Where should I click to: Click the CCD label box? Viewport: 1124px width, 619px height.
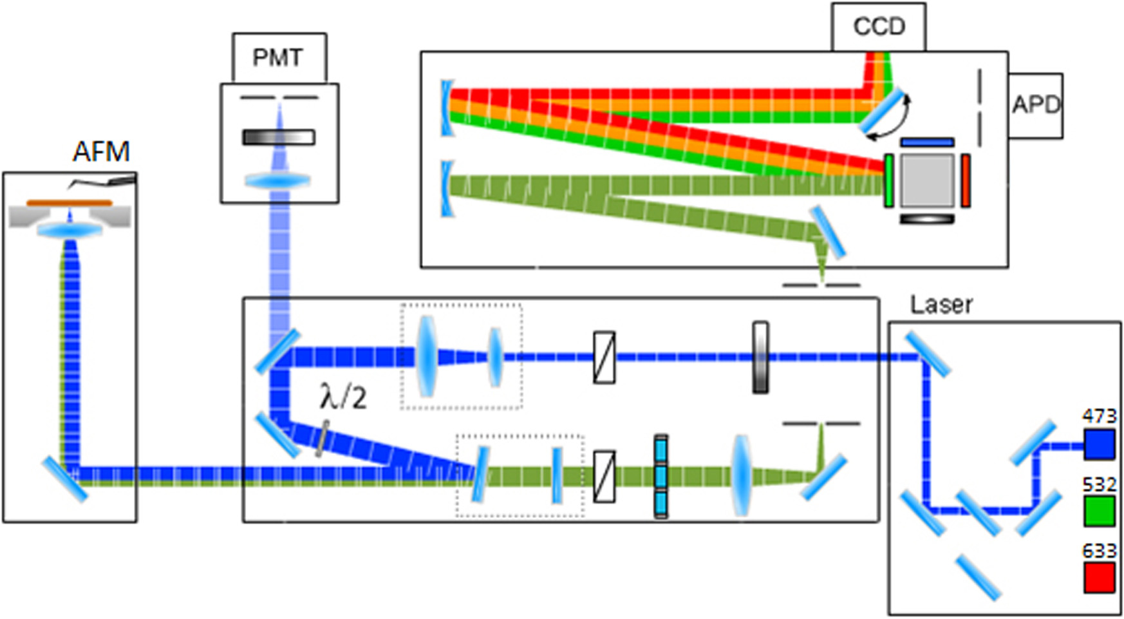click(878, 27)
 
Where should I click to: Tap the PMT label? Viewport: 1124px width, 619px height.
click(277, 58)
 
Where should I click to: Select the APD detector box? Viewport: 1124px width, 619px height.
click(1035, 105)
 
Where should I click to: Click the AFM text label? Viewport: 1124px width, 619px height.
click(101, 152)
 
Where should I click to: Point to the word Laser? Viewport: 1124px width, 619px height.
click(941, 305)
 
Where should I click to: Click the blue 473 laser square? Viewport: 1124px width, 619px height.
click(1099, 444)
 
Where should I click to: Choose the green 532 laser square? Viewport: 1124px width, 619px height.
click(1099, 511)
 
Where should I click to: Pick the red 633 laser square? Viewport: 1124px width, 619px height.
click(1099, 577)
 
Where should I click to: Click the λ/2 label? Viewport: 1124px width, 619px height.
click(343, 397)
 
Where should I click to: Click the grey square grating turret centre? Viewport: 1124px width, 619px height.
click(927, 180)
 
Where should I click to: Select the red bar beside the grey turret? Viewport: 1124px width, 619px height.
click(966, 180)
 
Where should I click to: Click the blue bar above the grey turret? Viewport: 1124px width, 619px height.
click(927, 142)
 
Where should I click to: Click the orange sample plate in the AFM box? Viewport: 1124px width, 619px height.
click(69, 204)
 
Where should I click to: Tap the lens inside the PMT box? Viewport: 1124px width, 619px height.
click(278, 181)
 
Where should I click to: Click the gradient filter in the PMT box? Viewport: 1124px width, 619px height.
click(278, 137)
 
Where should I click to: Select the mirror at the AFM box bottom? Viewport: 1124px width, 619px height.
click(64, 479)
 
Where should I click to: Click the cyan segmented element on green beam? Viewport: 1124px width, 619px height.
click(661, 477)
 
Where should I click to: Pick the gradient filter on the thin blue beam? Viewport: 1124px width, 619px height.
click(760, 357)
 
